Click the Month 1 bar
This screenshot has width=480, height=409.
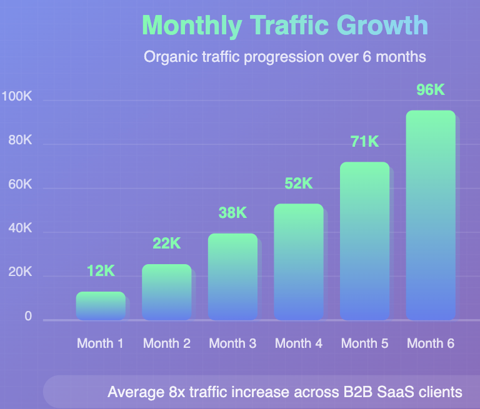click(x=101, y=306)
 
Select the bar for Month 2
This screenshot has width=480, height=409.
click(x=167, y=292)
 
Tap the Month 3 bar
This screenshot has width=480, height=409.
click(x=232, y=277)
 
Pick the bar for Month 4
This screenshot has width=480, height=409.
click(x=299, y=262)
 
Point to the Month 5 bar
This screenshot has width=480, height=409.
click(x=364, y=241)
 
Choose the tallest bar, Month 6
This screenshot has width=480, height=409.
click(x=431, y=215)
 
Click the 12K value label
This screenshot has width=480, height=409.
click(x=101, y=271)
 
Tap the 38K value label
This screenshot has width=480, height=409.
click(x=232, y=213)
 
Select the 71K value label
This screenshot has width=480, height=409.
click(x=364, y=142)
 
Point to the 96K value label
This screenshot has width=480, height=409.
click(x=431, y=90)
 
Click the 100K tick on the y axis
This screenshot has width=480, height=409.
click(x=17, y=97)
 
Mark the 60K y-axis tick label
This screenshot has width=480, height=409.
click(x=20, y=185)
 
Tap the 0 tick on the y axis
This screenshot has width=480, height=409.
click(x=28, y=317)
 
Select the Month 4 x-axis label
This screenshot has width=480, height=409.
click(x=299, y=343)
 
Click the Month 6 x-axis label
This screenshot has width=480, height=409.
click(x=431, y=343)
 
